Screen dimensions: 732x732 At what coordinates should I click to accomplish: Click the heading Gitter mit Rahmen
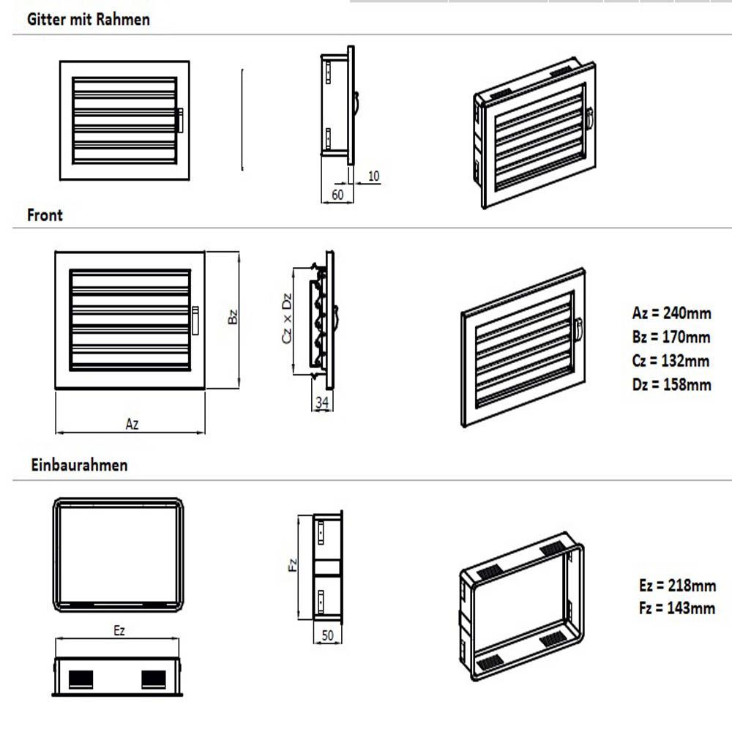pos(89,20)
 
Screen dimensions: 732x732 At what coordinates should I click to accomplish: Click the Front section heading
pos(45,215)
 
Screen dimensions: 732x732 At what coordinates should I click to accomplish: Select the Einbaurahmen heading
pos(79,465)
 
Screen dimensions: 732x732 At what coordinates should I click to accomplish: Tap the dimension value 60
pos(337,194)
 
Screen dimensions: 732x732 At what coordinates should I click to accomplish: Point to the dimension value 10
pos(373,176)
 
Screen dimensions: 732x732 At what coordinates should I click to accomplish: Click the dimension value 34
pos(322,403)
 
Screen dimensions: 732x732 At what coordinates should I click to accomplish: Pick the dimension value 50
pos(328,635)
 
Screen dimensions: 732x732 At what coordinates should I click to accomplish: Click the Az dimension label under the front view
pos(132,424)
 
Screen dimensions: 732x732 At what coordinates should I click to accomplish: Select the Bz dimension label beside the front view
pos(233,316)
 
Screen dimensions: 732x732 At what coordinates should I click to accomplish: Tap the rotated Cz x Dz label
pos(287,318)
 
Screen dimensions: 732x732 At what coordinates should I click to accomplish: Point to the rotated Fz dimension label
pos(293,565)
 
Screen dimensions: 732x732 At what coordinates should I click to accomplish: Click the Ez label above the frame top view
pos(119,631)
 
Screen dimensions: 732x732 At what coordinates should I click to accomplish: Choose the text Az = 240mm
pos(672,313)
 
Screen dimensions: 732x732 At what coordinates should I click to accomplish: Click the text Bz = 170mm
pos(671,337)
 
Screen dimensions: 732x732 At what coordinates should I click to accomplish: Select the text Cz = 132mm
pos(671,360)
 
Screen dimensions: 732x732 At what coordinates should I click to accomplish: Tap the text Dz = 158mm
pos(672,385)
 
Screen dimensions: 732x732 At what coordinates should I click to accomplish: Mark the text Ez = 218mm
pos(677,585)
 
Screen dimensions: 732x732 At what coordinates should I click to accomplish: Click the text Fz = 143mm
pos(677,608)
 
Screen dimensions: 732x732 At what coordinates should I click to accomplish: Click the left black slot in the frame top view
pos(81,679)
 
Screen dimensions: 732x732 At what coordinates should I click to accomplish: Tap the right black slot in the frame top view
pos(154,679)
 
